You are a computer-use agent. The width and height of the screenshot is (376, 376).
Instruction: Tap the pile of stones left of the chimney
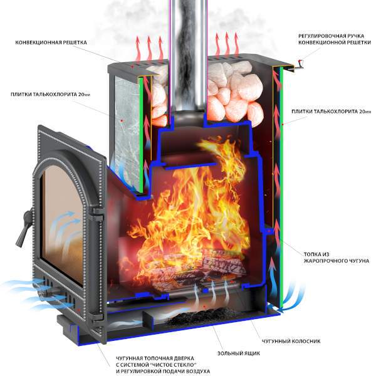click(x=157, y=94)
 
